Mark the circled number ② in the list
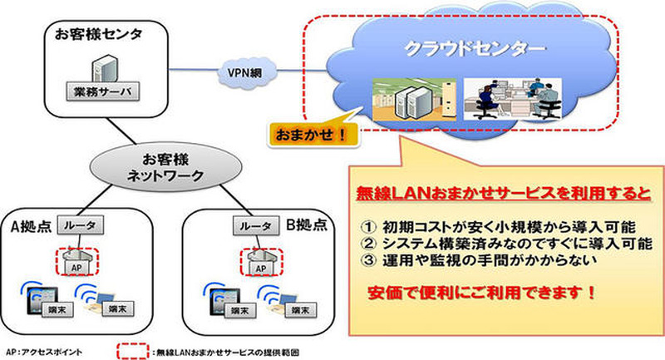(371, 244)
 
